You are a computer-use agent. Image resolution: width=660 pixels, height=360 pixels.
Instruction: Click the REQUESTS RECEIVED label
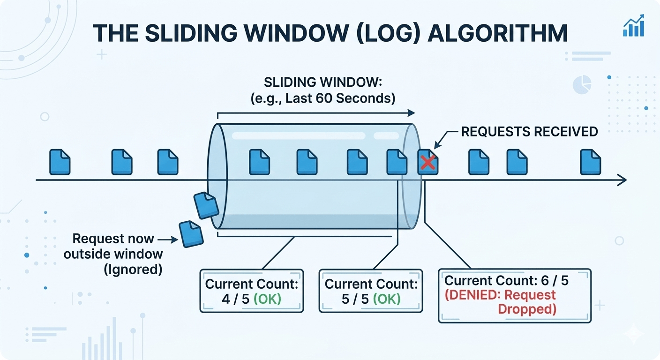pyautogui.click(x=529, y=132)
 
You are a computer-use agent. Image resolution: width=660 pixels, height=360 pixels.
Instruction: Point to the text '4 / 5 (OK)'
pyautogui.click(x=251, y=299)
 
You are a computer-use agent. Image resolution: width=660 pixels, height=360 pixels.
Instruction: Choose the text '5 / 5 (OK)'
pyautogui.click(x=371, y=299)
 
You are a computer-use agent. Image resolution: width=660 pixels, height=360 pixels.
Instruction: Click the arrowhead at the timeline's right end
pyautogui.click(x=622, y=180)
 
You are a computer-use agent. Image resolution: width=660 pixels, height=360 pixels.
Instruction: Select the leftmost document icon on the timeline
pyautogui.click(x=60, y=162)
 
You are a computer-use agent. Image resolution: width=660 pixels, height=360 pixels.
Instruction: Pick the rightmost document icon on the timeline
pyautogui.click(x=591, y=162)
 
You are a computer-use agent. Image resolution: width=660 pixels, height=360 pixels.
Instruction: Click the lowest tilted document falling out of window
pyautogui.click(x=191, y=234)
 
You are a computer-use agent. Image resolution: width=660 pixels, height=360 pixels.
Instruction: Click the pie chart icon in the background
pyautogui.click(x=582, y=86)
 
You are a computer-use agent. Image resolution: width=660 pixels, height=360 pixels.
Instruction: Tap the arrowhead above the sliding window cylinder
pyautogui.click(x=411, y=112)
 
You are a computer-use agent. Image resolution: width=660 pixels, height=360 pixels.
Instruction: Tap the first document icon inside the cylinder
pyautogui.click(x=259, y=162)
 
